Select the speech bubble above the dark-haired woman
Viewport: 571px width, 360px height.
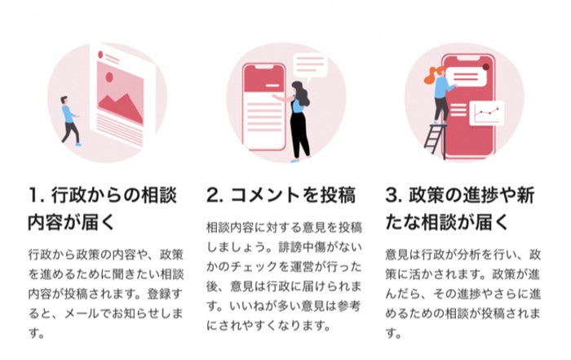[x=309, y=64]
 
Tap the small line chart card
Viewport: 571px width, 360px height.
[x=489, y=113]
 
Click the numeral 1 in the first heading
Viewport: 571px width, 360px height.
[x=33, y=196]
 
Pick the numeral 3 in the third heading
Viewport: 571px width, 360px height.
[x=392, y=196]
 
